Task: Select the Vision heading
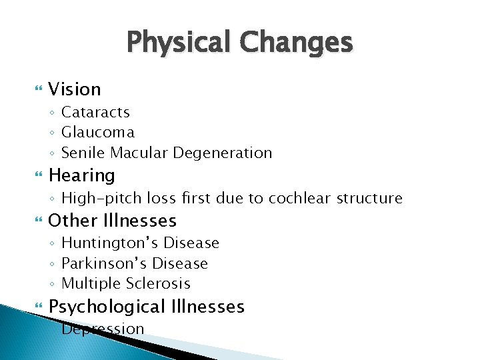coord(75,89)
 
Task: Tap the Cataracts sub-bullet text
coord(95,112)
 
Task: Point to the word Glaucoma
coord(97,133)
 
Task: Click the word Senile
coord(83,153)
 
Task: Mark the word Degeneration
coord(223,153)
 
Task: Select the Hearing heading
coord(82,176)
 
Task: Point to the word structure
coord(369,199)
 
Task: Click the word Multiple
coord(88,283)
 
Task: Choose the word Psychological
coord(107,307)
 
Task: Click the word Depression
coord(103,329)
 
